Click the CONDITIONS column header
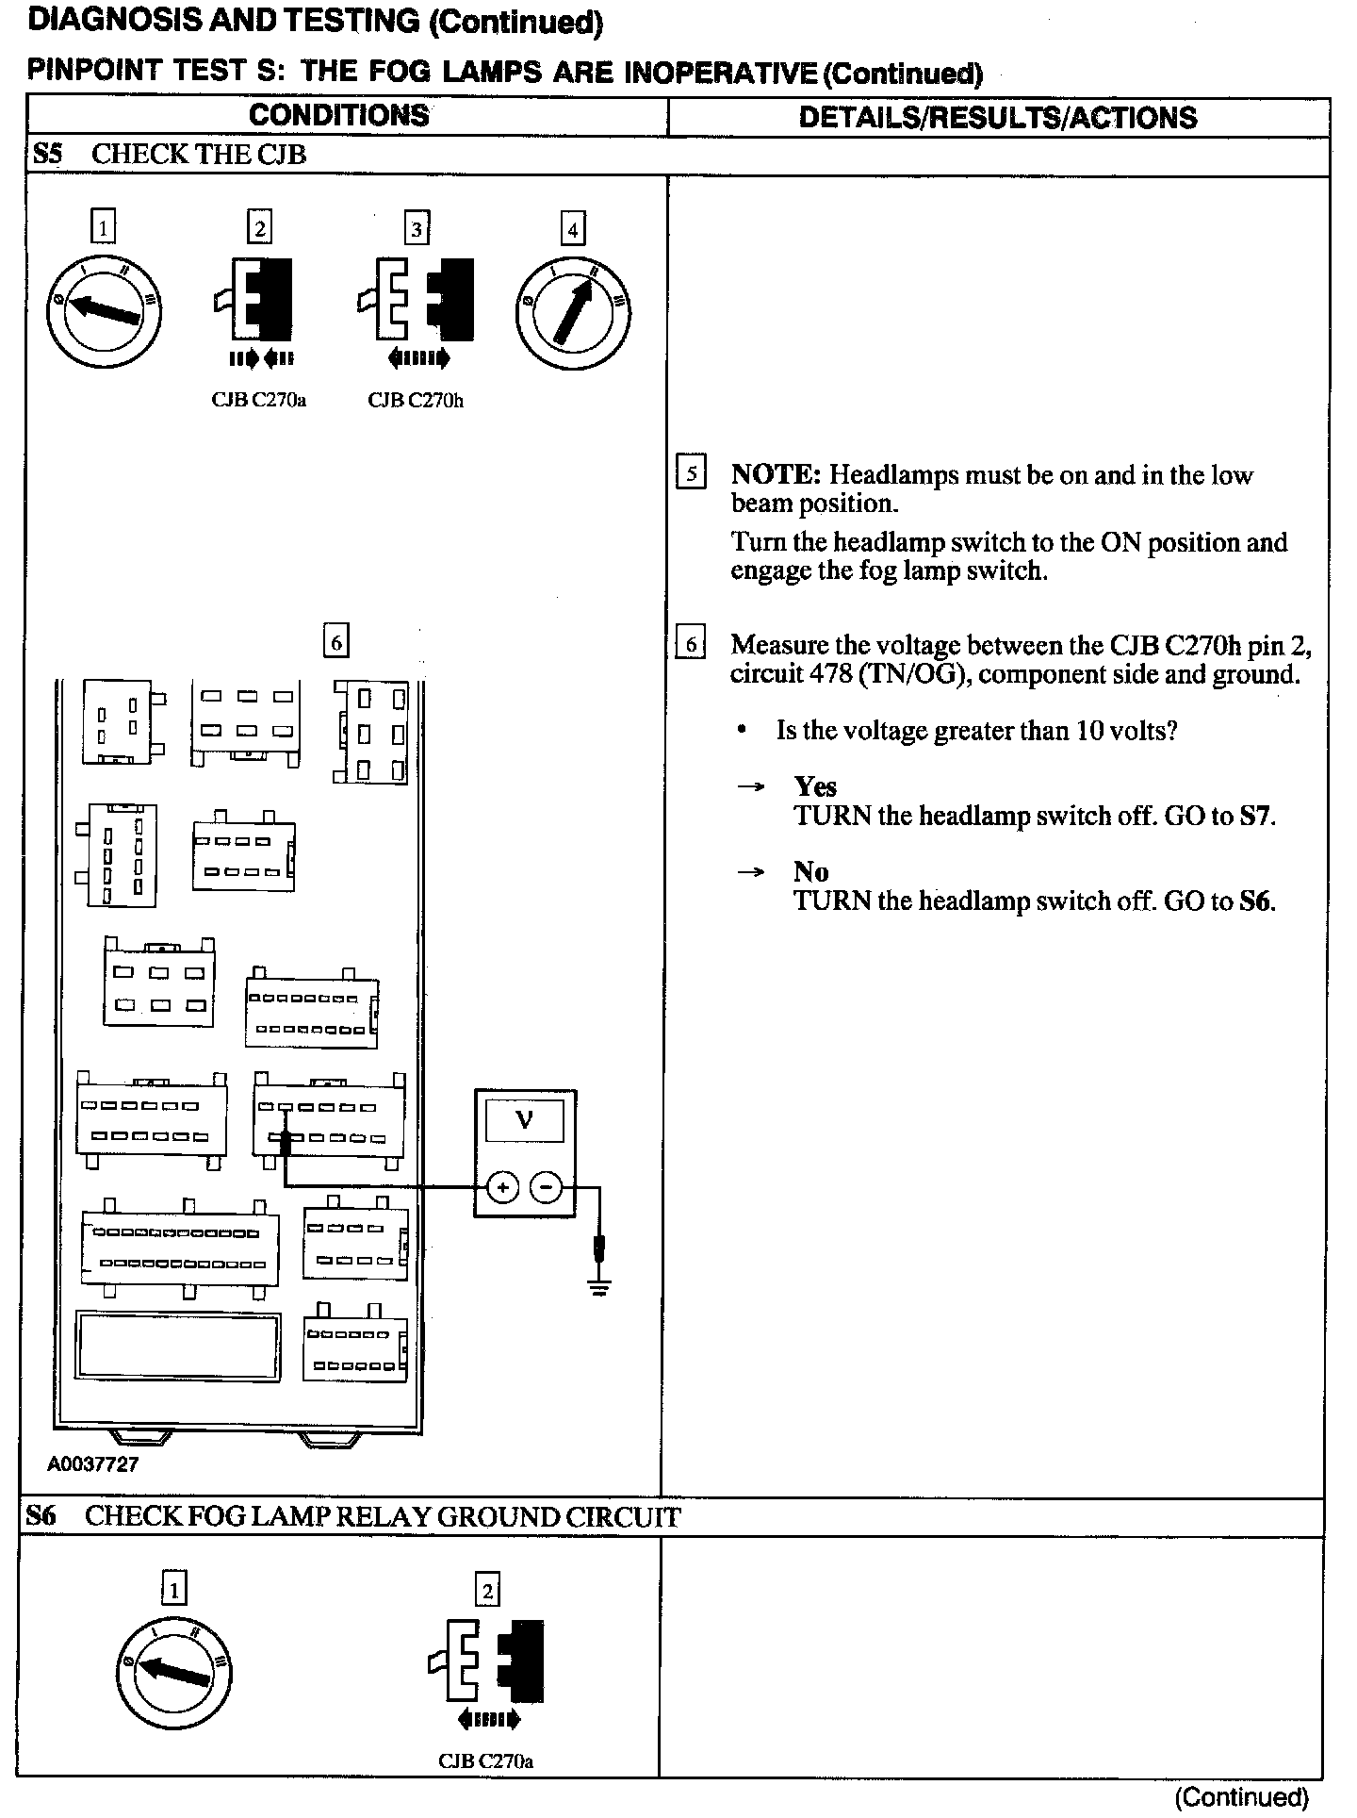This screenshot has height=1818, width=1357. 339,116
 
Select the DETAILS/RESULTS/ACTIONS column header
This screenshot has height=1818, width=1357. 997,118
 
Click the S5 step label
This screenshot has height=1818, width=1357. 47,154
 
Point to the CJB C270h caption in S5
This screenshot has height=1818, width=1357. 416,401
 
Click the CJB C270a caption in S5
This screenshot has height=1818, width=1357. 259,401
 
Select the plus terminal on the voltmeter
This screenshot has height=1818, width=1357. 503,1187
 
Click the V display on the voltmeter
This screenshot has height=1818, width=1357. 525,1121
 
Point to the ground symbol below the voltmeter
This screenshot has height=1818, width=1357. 598,1285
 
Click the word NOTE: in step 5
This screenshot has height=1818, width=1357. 777,474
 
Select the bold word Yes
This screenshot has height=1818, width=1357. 815,786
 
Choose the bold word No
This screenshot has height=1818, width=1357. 810,871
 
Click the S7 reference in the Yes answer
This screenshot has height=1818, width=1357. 1256,816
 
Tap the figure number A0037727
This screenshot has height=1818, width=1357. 93,1464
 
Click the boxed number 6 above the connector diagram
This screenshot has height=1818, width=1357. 335,642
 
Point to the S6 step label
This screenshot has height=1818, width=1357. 41,1516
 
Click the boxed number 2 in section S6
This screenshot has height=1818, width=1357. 487,1591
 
